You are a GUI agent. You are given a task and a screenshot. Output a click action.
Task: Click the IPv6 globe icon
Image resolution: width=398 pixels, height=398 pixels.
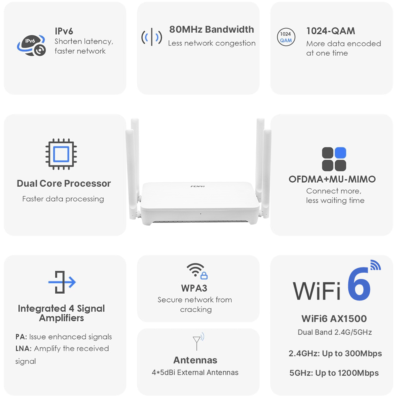[x=31, y=45]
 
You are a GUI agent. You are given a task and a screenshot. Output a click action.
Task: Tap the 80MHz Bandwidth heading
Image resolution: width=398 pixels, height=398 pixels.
[x=211, y=29]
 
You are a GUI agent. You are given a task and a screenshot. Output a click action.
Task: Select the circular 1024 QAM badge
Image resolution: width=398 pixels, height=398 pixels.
[x=286, y=37]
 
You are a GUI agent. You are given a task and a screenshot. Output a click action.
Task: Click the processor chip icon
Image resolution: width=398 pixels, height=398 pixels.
[x=61, y=154]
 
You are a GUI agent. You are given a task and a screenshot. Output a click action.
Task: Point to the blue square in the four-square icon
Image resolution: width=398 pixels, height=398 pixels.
[x=340, y=153]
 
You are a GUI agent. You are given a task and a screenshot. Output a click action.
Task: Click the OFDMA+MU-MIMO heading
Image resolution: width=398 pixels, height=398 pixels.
[x=332, y=179]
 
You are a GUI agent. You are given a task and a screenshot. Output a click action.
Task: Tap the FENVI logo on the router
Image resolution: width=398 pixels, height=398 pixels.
[x=197, y=186]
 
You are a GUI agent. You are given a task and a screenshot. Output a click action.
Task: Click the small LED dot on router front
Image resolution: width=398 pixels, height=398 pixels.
[x=201, y=214]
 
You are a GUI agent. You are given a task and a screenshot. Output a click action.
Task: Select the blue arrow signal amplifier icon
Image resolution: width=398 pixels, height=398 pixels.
[x=62, y=282]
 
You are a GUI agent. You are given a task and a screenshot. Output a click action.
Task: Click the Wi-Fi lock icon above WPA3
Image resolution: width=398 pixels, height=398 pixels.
[x=197, y=271]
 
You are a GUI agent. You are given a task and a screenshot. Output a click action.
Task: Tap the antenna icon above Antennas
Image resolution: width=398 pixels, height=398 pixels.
[x=198, y=341]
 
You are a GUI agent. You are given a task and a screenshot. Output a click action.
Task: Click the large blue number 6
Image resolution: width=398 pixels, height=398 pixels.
[x=359, y=284]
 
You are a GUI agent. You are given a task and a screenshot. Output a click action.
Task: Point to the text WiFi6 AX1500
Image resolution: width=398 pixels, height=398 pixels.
[x=334, y=318]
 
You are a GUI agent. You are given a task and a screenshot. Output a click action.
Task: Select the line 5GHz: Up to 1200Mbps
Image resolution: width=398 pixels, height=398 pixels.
[x=334, y=373]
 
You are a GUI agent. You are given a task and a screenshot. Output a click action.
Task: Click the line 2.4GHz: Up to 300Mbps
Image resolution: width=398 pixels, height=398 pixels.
[x=335, y=353]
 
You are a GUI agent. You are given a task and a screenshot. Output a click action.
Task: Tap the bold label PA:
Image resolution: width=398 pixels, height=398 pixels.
[x=21, y=337]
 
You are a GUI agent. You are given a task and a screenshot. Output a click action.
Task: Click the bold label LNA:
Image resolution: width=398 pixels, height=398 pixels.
[x=23, y=349]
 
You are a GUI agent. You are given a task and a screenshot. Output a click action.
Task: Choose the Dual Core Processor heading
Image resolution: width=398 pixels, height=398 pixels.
[x=64, y=183]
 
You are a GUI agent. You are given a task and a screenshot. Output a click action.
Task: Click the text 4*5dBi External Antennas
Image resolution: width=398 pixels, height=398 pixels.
[x=195, y=373]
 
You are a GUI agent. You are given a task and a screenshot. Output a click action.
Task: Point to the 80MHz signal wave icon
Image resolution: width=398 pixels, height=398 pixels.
[x=152, y=37]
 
